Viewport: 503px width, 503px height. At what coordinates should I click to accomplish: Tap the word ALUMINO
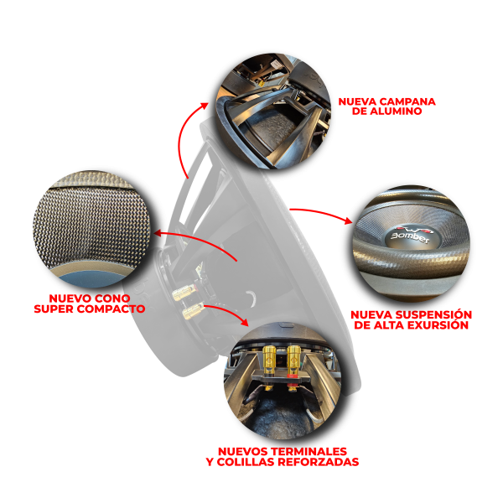tap(396, 111)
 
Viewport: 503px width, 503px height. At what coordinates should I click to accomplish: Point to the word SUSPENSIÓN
tap(432, 314)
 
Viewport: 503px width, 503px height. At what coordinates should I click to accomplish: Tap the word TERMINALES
tap(309, 451)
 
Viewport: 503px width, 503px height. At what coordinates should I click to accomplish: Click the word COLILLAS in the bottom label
tap(246, 462)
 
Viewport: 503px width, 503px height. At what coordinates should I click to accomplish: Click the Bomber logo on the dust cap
tap(410, 236)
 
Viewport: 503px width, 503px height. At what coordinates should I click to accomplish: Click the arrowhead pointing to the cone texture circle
tap(158, 233)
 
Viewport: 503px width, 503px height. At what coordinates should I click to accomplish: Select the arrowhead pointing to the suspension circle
tap(348, 220)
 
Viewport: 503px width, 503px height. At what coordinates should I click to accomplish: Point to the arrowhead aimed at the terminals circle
tap(245, 322)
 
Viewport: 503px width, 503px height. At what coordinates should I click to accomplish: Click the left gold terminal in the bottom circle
tap(269, 360)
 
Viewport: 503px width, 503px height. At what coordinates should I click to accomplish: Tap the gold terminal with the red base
tap(293, 360)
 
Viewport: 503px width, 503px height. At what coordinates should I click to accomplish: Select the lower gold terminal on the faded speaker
tap(193, 310)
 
